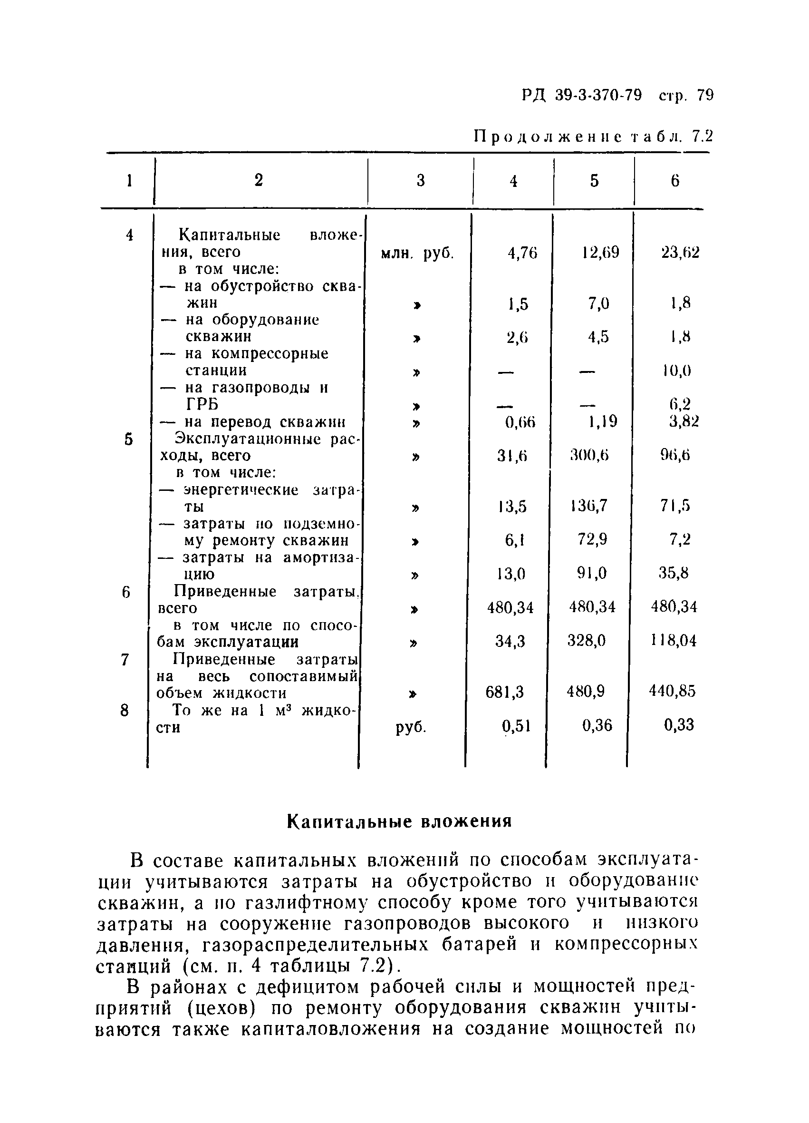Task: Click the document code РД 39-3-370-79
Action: pyautogui.click(x=581, y=95)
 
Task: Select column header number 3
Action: pyautogui.click(x=421, y=181)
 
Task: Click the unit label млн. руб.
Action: pyautogui.click(x=417, y=254)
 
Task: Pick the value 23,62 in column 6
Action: pyautogui.click(x=680, y=253)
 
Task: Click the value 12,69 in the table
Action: pyautogui.click(x=600, y=253)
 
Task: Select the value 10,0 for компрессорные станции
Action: pyautogui.click(x=677, y=371)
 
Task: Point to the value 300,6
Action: pyautogui.click(x=589, y=456)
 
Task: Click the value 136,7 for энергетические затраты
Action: pyautogui.click(x=589, y=506)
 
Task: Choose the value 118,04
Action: pyautogui.click(x=674, y=641)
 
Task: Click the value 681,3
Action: pyautogui.click(x=505, y=692)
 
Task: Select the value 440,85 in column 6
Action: pyautogui.click(x=673, y=691)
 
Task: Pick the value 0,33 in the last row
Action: pyautogui.click(x=679, y=725)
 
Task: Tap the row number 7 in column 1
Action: pyautogui.click(x=125, y=660)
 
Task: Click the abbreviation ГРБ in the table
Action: pyautogui.click(x=202, y=405)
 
